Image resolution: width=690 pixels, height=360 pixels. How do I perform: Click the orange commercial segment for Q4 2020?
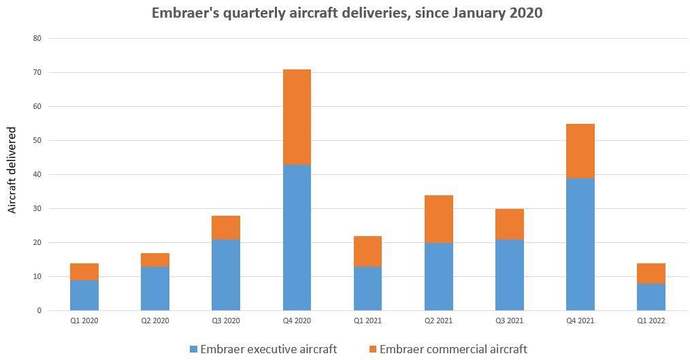(x=297, y=117)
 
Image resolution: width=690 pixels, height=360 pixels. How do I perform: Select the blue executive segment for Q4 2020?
(x=297, y=238)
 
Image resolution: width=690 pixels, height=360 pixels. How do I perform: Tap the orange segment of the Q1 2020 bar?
(x=84, y=272)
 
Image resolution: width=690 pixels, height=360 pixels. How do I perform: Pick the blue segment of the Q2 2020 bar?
(x=155, y=289)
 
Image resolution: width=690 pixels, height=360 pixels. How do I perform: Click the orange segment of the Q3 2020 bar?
(x=226, y=227)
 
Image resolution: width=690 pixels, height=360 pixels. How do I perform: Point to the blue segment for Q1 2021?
(x=367, y=289)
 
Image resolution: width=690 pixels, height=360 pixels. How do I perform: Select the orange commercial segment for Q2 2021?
(x=438, y=219)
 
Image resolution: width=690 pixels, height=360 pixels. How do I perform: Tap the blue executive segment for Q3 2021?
(x=509, y=275)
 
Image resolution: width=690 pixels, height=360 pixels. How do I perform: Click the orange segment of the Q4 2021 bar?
(x=580, y=151)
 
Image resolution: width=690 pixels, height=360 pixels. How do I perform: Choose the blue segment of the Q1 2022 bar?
(x=651, y=297)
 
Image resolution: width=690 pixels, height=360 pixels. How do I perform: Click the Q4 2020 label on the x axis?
(x=297, y=321)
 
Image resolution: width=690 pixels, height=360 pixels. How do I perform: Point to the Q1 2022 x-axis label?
(x=651, y=321)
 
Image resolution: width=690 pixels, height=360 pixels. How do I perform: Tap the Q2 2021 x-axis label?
(x=438, y=321)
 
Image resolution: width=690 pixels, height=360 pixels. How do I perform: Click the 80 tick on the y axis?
(x=37, y=39)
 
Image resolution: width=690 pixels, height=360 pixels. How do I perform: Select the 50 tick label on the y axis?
(x=37, y=141)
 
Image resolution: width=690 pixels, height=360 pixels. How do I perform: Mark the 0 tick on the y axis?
(x=39, y=311)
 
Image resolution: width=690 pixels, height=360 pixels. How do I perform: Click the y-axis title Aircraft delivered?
(x=12, y=170)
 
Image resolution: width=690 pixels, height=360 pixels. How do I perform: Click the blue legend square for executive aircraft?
(x=194, y=349)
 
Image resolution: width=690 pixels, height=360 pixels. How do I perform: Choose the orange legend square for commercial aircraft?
(x=372, y=349)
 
